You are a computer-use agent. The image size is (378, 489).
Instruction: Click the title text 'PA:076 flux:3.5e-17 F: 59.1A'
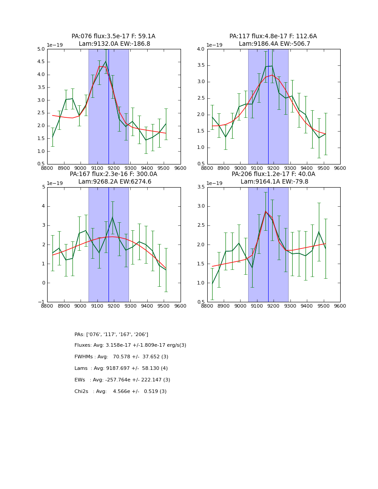tap(113, 36)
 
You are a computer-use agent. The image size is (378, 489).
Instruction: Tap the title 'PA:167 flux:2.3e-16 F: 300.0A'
tap(113, 174)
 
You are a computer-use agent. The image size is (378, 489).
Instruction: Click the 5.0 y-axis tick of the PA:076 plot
tap(40, 49)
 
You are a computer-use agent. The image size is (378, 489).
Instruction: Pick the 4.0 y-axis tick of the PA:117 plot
tap(201, 49)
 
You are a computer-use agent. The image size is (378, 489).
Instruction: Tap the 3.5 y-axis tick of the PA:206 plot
tap(201, 188)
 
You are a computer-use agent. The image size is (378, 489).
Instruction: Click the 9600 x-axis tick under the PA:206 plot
tap(340, 306)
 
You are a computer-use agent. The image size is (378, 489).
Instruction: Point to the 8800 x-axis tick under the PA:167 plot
tap(47, 306)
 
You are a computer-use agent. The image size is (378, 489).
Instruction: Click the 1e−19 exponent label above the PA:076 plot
tap(55, 45)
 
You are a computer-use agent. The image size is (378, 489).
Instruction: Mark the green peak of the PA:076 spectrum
tap(105, 62)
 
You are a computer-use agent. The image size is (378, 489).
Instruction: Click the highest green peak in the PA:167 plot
tap(113, 217)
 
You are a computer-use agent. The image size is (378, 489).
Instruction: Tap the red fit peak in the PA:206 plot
tap(265, 211)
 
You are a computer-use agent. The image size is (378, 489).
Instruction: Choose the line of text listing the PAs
tap(111, 334)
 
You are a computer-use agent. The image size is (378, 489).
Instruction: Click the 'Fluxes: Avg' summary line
tap(130, 345)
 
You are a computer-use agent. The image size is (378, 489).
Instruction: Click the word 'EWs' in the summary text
tap(80, 380)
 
